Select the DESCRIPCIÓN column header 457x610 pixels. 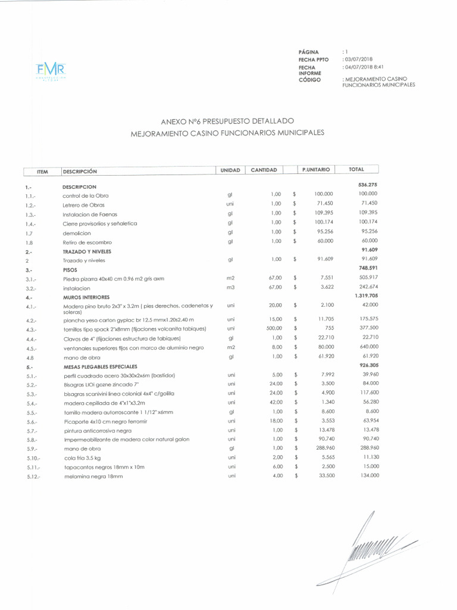point(79,172)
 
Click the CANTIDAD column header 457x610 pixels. point(264,170)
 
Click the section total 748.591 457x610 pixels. point(367,268)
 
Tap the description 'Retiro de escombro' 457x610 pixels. point(87,242)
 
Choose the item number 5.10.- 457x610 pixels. point(33,458)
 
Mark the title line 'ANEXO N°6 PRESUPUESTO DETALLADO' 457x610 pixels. point(227,122)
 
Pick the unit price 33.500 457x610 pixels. point(324,476)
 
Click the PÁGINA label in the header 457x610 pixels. point(309,52)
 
